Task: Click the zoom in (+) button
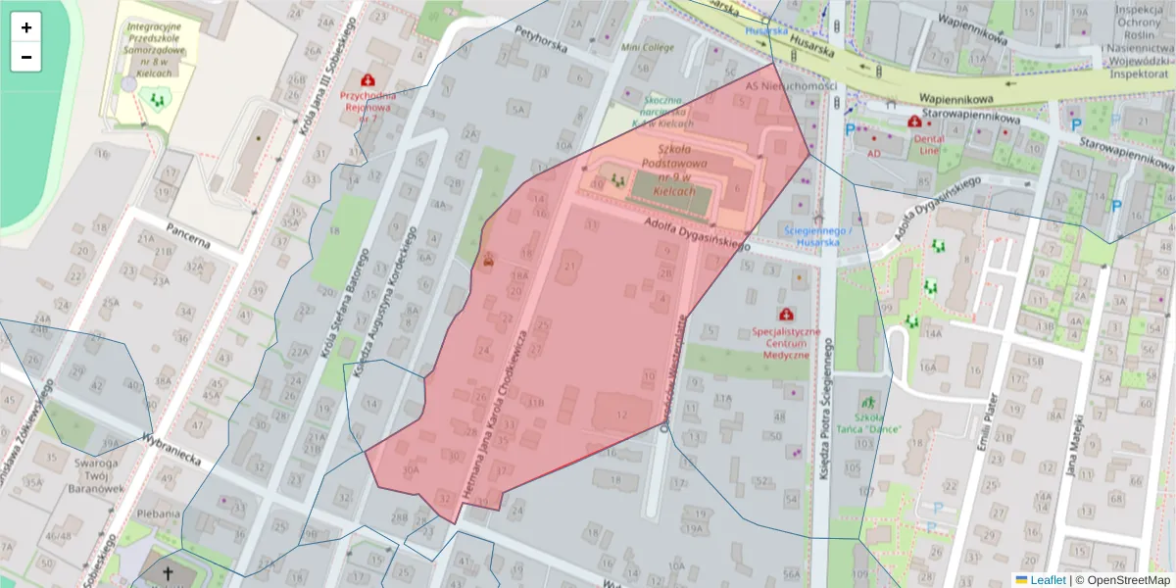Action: pos(26,27)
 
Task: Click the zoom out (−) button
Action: pos(26,57)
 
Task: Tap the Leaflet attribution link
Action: pos(1047,579)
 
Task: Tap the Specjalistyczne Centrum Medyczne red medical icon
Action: pos(785,314)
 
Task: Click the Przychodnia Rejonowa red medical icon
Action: pos(368,78)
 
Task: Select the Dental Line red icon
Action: pos(914,122)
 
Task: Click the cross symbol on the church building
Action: pos(168,573)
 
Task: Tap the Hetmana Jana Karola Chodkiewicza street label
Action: pos(504,416)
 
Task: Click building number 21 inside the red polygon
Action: pos(570,267)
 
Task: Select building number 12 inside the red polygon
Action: pos(620,415)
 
